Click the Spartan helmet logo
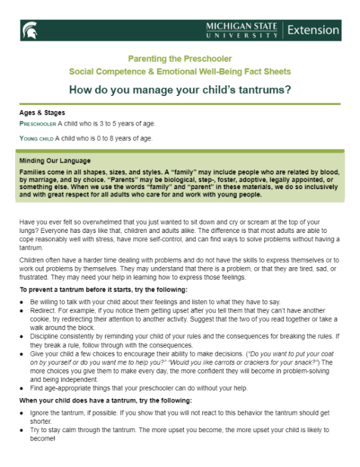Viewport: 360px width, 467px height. pyautogui.click(x=30, y=29)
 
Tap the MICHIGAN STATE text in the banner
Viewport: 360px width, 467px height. pyautogui.click(x=241, y=26)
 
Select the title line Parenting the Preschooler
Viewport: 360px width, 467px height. pyautogui.click(x=179, y=59)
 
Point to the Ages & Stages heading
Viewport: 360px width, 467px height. pyautogui.click(x=42, y=113)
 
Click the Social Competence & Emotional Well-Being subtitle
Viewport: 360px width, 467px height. pyautogui.click(x=179, y=71)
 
